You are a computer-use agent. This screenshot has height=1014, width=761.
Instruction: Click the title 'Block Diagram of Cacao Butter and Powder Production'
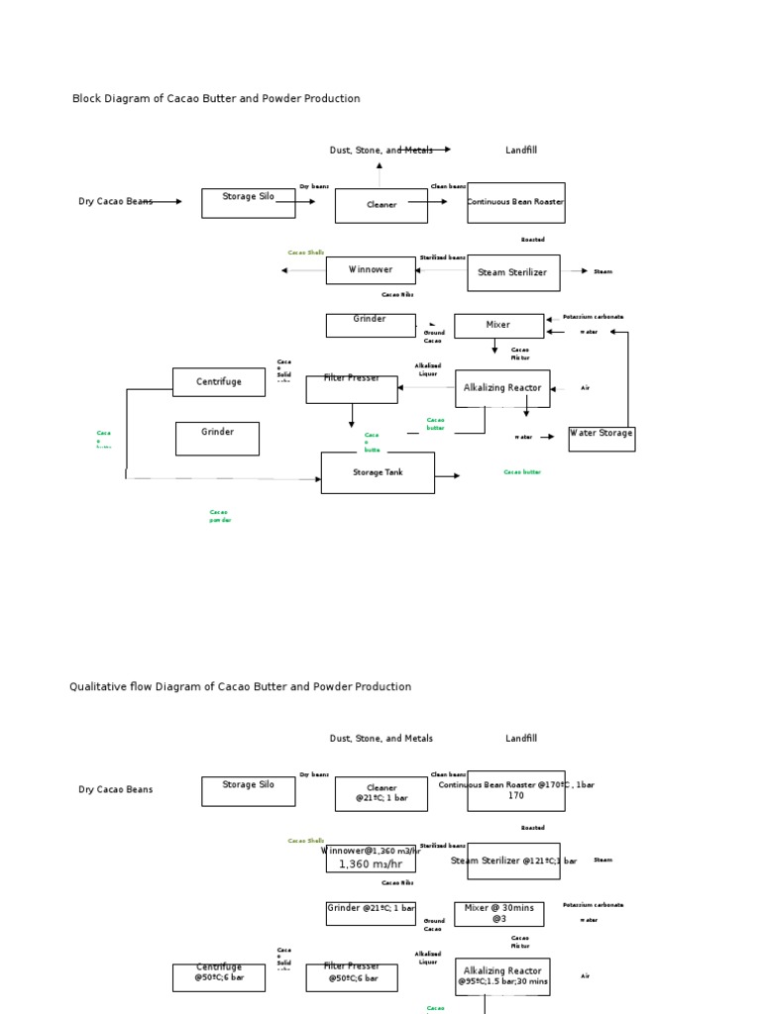216,99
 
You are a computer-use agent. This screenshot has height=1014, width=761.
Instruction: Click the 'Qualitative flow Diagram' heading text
240,686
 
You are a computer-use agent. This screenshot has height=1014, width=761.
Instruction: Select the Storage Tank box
377,473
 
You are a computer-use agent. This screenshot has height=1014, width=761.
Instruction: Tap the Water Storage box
601,439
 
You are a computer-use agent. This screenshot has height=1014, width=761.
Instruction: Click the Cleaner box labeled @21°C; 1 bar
380,793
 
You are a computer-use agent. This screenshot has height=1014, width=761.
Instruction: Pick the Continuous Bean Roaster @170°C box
515,790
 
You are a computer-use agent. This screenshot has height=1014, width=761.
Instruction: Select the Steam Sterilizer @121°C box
512,861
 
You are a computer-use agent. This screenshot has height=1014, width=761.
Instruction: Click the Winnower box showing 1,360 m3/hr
371,859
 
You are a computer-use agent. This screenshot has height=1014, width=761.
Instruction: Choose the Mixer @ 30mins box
498,913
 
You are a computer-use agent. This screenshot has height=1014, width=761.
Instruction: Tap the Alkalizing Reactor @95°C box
502,975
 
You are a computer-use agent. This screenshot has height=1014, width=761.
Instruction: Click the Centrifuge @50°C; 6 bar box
218,976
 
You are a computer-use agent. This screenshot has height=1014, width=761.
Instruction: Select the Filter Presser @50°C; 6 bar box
351,976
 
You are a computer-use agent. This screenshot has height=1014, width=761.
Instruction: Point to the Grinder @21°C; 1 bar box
370,913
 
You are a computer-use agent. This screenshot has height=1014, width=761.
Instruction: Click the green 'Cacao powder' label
219,516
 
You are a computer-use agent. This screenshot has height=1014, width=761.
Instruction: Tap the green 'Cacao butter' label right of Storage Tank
522,472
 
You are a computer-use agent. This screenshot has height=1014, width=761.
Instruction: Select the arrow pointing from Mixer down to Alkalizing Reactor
494,347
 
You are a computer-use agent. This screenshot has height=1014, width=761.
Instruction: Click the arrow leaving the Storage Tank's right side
448,476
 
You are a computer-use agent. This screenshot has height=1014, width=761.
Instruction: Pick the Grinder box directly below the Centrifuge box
217,439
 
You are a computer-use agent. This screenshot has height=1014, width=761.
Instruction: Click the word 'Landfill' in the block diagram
520,151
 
